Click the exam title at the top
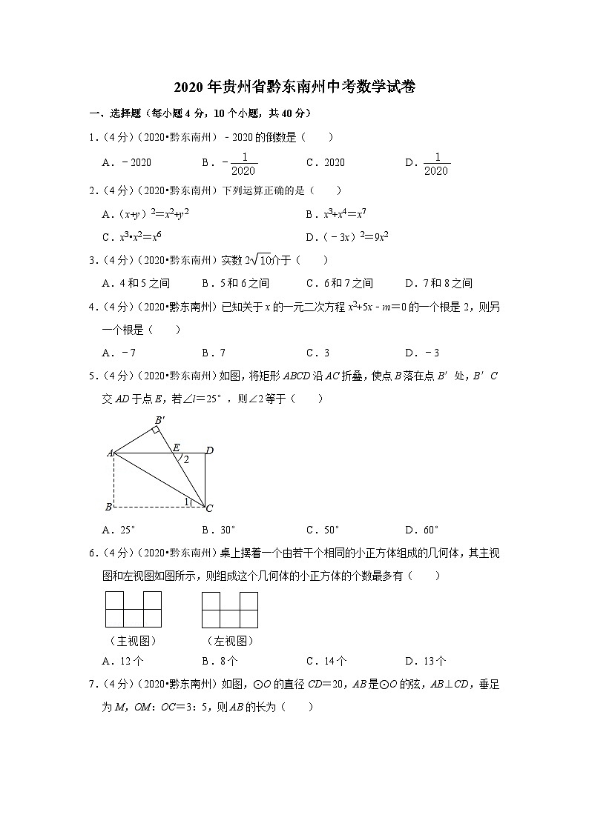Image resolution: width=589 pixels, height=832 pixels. pyautogui.click(x=294, y=87)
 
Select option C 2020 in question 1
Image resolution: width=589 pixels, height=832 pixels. pyautogui.click(x=326, y=163)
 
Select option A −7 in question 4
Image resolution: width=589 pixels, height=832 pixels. pyautogui.click(x=119, y=353)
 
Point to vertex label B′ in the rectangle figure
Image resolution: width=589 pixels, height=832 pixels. pyautogui.click(x=159, y=421)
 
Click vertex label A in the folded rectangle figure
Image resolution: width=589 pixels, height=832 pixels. pyautogui.click(x=109, y=452)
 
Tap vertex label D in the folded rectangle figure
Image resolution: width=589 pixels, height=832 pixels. pyautogui.click(x=210, y=450)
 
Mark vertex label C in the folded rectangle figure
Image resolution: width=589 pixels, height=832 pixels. pyautogui.click(x=209, y=508)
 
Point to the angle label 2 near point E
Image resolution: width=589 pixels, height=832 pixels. pyautogui.click(x=187, y=459)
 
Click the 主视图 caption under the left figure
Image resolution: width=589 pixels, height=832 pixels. pyautogui.click(x=133, y=641)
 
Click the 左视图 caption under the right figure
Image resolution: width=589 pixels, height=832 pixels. pyautogui.click(x=230, y=641)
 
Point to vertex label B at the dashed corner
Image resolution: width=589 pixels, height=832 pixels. pyautogui.click(x=109, y=507)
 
